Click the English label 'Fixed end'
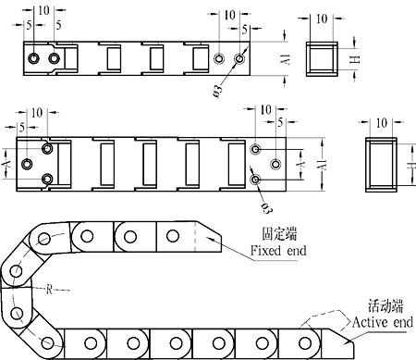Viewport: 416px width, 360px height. point(278,251)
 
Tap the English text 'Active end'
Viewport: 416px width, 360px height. point(383,322)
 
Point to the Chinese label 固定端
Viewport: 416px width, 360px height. point(279,233)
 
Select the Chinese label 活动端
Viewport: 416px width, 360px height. point(385,305)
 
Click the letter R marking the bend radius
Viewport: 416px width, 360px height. point(49,290)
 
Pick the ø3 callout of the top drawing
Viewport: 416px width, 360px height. point(217,91)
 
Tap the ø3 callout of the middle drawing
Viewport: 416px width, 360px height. point(267,207)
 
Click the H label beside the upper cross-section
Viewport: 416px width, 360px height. point(356,59)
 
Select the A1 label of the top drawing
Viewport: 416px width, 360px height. point(287,59)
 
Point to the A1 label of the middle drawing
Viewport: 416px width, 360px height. point(322,164)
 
